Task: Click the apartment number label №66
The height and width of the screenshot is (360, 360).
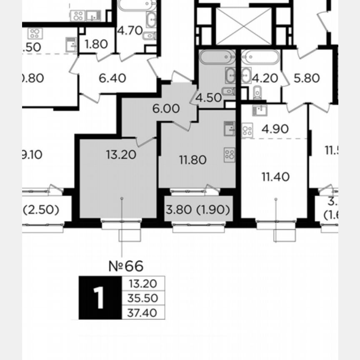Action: coord(125,265)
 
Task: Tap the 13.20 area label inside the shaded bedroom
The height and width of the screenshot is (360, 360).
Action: coord(121,155)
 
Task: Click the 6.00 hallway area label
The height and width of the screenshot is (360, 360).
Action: coord(166,109)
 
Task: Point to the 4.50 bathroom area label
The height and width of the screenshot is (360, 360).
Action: coord(208,98)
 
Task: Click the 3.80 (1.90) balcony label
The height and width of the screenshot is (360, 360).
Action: coord(198,210)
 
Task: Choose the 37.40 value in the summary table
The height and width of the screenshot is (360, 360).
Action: coord(143,312)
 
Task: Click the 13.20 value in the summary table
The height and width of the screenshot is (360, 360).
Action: coord(143,284)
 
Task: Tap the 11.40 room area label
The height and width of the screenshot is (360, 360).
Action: coord(275,177)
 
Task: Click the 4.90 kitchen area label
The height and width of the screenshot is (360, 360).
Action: coord(275,129)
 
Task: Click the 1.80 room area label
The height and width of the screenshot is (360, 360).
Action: coord(96,44)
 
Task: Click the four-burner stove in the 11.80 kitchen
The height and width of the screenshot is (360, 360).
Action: coord(230,155)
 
